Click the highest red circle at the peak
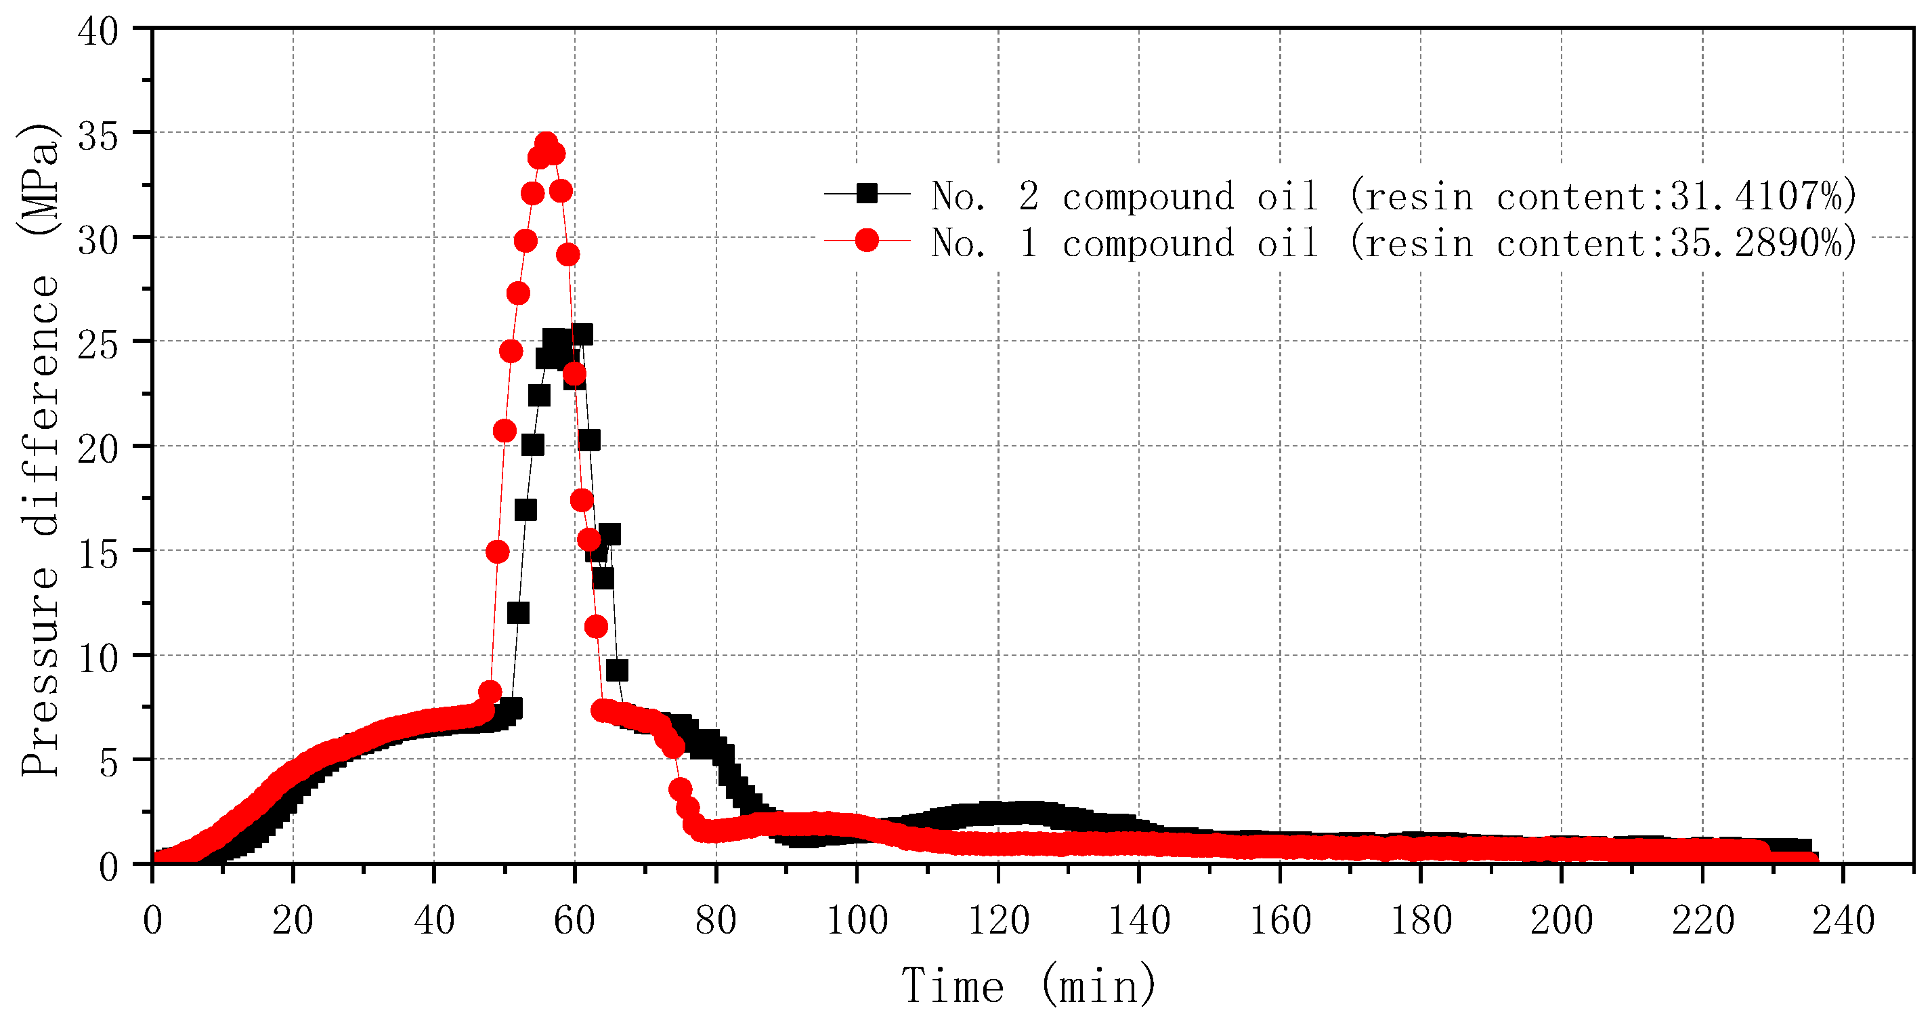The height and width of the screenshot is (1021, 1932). click(x=546, y=142)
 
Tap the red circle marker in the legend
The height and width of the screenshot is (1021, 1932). click(x=867, y=240)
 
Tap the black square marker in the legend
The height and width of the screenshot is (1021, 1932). click(x=867, y=194)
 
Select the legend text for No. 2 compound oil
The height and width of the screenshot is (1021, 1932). click(x=1125, y=196)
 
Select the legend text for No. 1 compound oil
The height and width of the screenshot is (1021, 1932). click(x=1125, y=243)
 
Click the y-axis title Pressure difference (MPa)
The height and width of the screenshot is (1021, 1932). click(x=39, y=450)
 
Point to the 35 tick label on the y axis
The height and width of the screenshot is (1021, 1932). click(x=98, y=137)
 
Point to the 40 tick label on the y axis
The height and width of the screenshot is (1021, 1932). click(x=98, y=33)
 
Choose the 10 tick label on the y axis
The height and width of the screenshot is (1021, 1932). click(x=98, y=659)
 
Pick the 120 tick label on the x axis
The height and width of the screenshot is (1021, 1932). click(x=998, y=921)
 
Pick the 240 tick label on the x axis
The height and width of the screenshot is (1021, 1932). click(x=1843, y=921)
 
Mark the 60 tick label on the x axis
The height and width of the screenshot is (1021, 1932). click(x=574, y=921)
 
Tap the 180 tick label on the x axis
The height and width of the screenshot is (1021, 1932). click(x=1421, y=921)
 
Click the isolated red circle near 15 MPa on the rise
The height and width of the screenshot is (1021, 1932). click(x=497, y=552)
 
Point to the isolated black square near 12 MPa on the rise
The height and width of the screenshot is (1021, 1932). click(x=518, y=613)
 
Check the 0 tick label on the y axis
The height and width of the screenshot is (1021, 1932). click(x=109, y=867)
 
